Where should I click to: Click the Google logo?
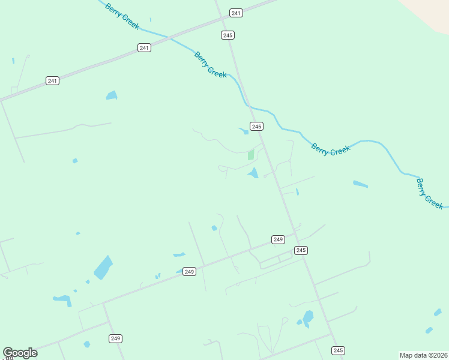pyautogui.click(x=20, y=353)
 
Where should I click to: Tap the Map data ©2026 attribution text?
pyautogui.click(x=423, y=355)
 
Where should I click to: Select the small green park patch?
pyautogui.click(x=251, y=155)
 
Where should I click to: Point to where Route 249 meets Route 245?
pyautogui.click(x=296, y=233)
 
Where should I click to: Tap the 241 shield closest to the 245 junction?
pyautogui.click(x=236, y=13)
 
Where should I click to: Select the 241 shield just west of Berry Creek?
pyautogui.click(x=144, y=47)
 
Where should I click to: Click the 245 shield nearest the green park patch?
pyautogui.click(x=257, y=126)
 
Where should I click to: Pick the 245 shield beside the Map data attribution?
pyautogui.click(x=338, y=350)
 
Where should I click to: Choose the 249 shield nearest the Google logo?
pyautogui.click(x=116, y=338)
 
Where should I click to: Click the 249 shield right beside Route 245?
pyautogui.click(x=277, y=239)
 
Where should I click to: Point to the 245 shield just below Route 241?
pyautogui.click(x=228, y=35)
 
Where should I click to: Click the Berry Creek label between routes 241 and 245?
pyautogui.click(x=211, y=64)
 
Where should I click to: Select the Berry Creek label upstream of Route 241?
pyautogui.click(x=122, y=16)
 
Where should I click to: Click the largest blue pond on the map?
pyautogui.click(x=103, y=268)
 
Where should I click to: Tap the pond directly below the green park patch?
pyautogui.click(x=253, y=173)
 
